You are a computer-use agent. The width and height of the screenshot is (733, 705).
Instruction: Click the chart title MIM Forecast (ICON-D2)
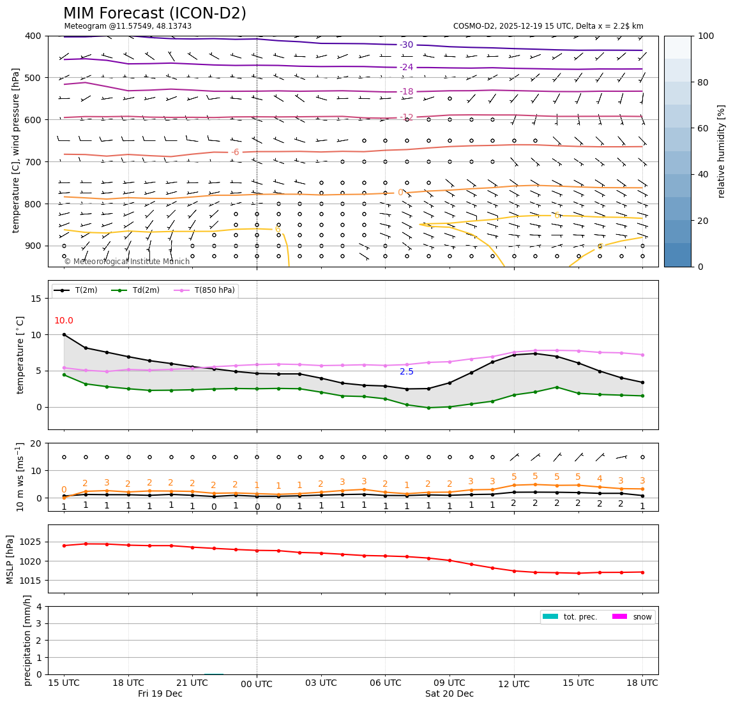pyautogui.click(x=155, y=13)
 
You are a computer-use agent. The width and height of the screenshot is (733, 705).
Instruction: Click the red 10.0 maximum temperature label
pyautogui.click(x=64, y=321)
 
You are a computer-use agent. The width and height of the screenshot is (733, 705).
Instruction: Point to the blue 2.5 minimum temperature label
pyautogui.click(x=407, y=372)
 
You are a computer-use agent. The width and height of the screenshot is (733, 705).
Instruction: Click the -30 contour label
pyautogui.click(x=407, y=45)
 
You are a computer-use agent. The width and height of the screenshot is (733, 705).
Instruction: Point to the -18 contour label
pyautogui.click(x=407, y=92)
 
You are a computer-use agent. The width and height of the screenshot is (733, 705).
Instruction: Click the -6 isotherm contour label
pyautogui.click(x=235, y=152)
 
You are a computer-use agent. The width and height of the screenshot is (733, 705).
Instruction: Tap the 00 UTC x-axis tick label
pyautogui.click(x=257, y=685)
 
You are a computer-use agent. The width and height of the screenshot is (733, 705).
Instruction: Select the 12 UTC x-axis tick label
pyautogui.click(x=514, y=685)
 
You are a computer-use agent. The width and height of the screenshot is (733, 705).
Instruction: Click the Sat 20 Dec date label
pyautogui.click(x=450, y=694)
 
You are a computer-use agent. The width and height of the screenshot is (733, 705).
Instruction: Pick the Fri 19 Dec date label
pyautogui.click(x=160, y=694)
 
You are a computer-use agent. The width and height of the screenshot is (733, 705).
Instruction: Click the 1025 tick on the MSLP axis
pyautogui.click(x=32, y=542)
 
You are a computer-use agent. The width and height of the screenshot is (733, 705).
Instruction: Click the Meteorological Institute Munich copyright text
pyautogui.click(x=127, y=262)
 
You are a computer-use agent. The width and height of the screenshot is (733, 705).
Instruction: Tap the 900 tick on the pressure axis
pyautogui.click(x=33, y=246)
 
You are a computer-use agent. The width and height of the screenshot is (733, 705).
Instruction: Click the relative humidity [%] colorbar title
pyautogui.click(x=722, y=151)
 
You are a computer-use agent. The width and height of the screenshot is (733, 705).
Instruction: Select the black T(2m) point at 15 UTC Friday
pyautogui.click(x=64, y=334)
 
